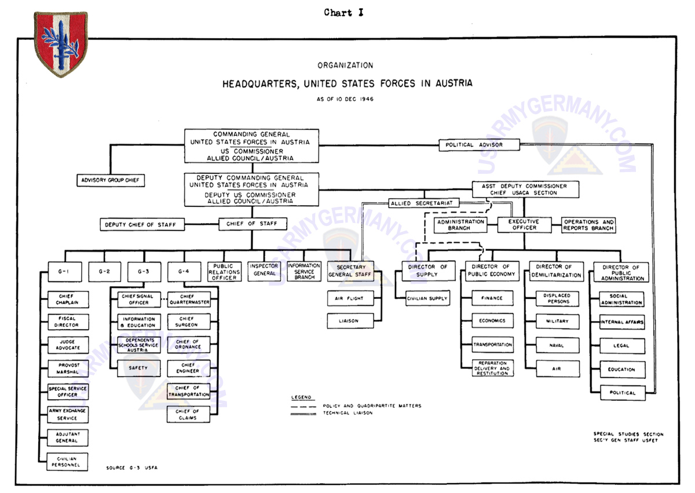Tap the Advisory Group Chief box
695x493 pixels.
(x=111, y=180)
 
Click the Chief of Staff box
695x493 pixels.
(x=251, y=224)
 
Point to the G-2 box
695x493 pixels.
(x=105, y=271)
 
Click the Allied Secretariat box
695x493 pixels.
(x=425, y=203)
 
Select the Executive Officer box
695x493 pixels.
(x=524, y=225)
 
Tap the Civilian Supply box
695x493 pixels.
(x=427, y=298)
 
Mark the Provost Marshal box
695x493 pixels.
(x=68, y=368)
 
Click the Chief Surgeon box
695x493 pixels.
(x=188, y=322)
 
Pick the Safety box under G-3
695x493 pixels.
(x=139, y=368)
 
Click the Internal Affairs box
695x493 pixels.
(x=622, y=322)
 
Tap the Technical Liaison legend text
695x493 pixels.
(x=348, y=413)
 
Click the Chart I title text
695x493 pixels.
(x=343, y=12)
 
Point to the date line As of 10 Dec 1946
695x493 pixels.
(x=345, y=99)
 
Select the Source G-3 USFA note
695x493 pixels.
(x=131, y=467)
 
